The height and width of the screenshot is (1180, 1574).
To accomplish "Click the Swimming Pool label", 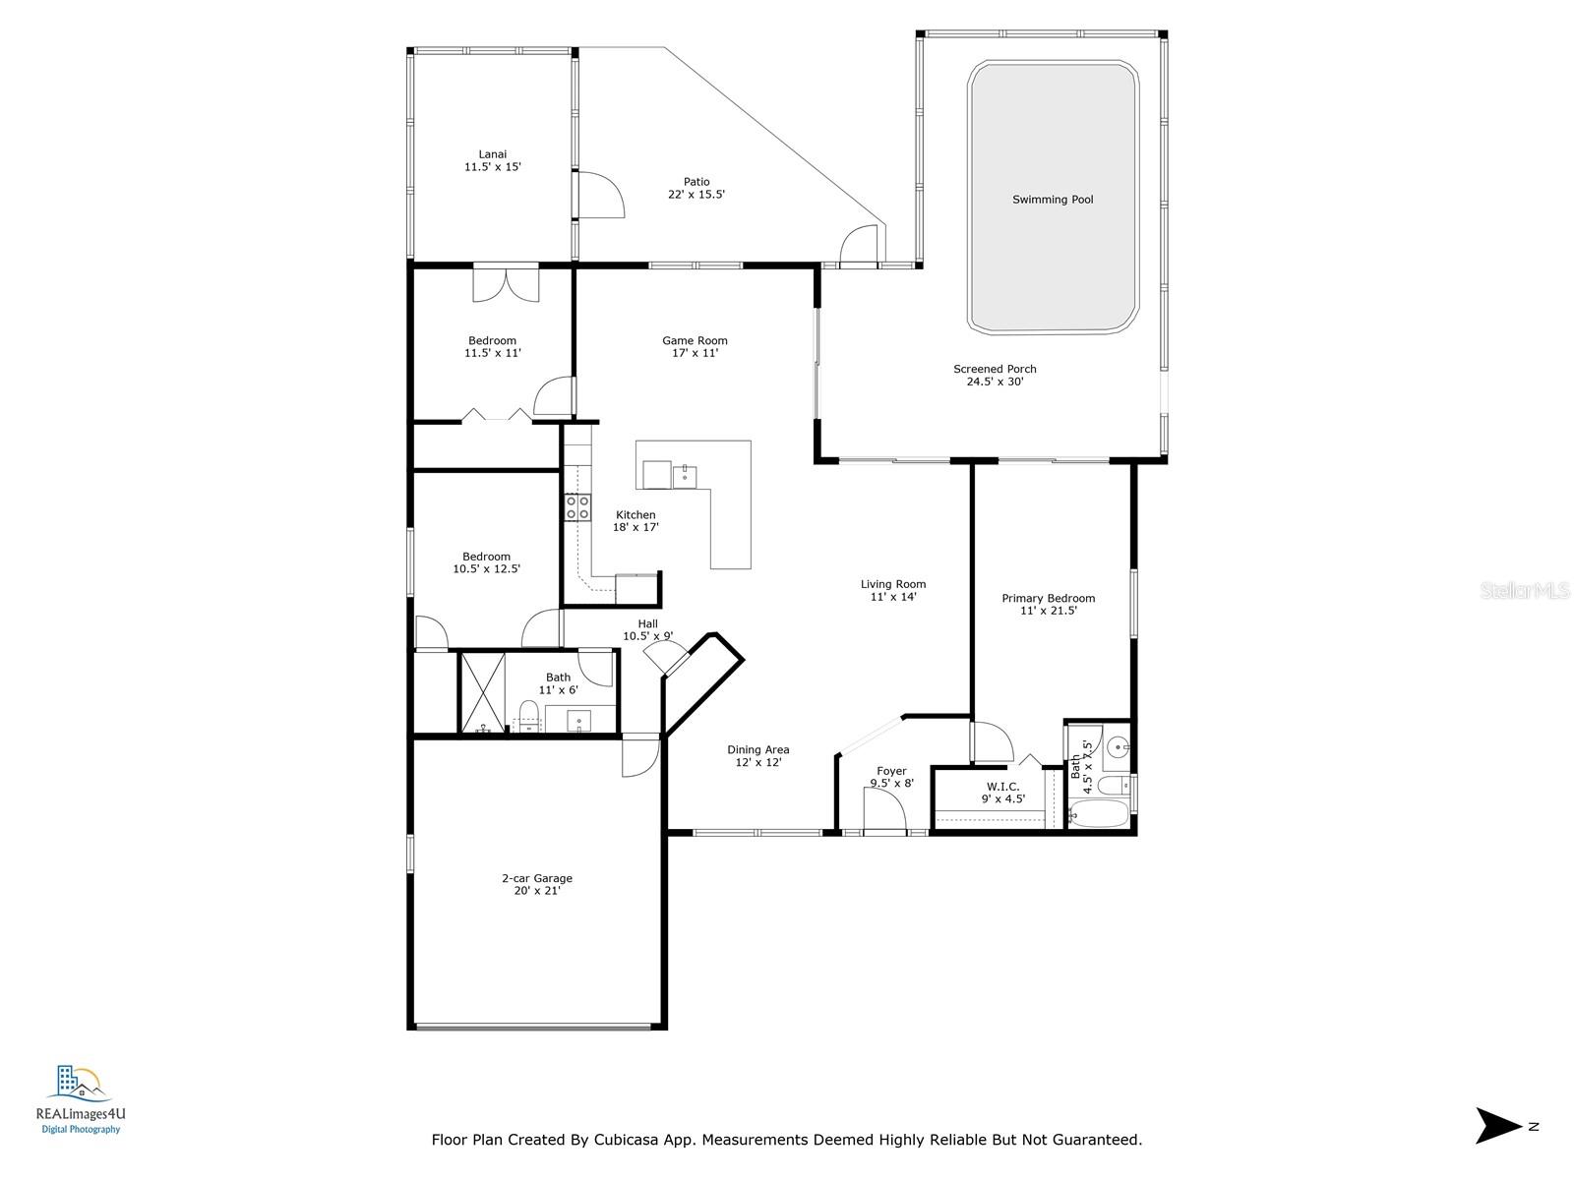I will click(1053, 200).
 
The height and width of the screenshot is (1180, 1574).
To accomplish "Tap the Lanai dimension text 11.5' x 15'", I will click(492, 167).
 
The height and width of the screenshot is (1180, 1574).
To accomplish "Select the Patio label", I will click(696, 182).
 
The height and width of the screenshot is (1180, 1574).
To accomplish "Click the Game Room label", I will click(695, 341).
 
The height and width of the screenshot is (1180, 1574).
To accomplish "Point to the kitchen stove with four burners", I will click(577, 507).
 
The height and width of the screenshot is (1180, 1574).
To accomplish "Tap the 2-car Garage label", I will click(536, 879).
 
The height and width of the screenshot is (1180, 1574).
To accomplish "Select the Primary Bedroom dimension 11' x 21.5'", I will click(1048, 611).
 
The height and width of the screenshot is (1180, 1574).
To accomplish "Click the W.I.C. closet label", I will click(1002, 787).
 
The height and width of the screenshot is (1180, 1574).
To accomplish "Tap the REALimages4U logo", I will click(81, 1098).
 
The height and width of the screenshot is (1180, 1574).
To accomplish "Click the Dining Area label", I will click(757, 750).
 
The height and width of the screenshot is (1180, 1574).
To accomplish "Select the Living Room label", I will click(893, 584).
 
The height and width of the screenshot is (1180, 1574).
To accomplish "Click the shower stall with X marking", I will click(482, 691).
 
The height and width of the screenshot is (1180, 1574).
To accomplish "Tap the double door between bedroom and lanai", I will click(506, 283).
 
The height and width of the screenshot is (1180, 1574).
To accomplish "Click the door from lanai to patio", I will click(598, 195).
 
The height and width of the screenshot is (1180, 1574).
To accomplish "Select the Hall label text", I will click(647, 623).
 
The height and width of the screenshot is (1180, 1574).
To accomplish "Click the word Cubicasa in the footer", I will click(633, 1140).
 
